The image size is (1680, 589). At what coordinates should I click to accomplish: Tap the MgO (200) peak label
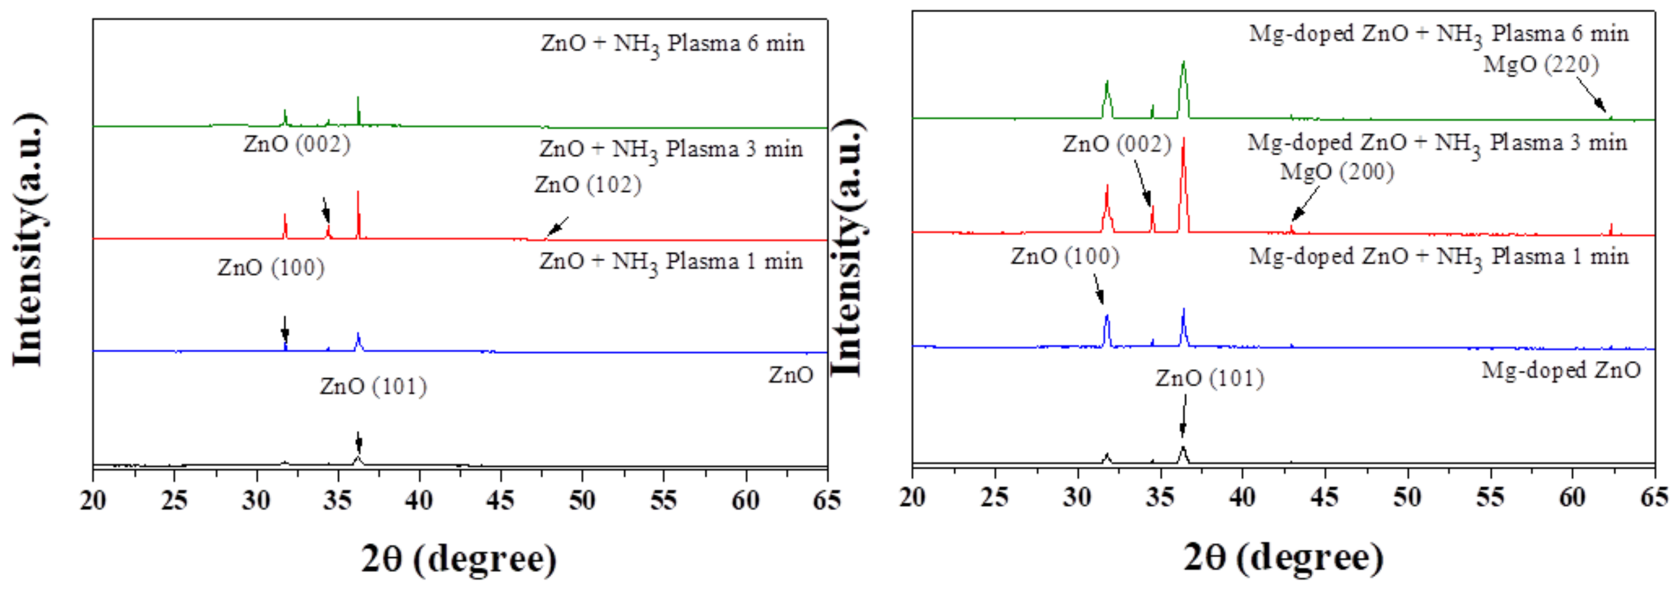pyautogui.click(x=1337, y=172)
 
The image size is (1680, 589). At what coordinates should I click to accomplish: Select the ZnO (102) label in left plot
pyautogui.click(x=588, y=185)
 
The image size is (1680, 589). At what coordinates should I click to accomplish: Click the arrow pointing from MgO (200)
pyautogui.click(x=1305, y=203)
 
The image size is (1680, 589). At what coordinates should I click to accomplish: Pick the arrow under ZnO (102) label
pyautogui.click(x=557, y=226)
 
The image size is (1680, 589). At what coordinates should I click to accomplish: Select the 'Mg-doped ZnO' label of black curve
pyautogui.click(x=1560, y=371)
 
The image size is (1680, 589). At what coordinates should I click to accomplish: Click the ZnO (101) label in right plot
pyautogui.click(x=1209, y=378)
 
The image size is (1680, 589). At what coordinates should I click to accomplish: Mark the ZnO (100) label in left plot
pyautogui.click(x=271, y=267)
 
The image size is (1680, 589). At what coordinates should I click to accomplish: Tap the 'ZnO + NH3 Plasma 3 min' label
pyautogui.click(x=671, y=150)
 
